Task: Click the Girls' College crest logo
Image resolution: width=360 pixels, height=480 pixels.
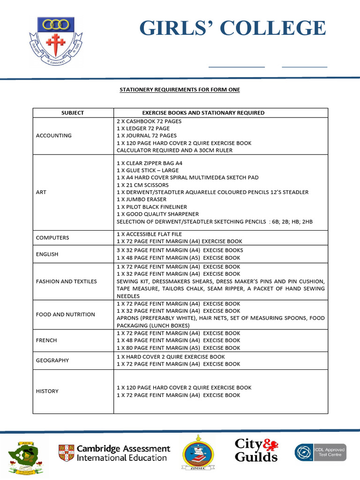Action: pyautogui.click(x=56, y=41)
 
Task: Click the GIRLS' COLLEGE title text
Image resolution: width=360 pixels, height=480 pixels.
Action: pyautogui.click(x=232, y=28)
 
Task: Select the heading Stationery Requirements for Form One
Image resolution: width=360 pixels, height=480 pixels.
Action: pyautogui.click(x=180, y=89)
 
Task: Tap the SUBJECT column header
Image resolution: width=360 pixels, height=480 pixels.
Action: pyautogui.click(x=73, y=112)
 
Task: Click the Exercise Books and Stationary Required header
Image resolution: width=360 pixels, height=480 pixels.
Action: pyautogui.click(x=203, y=112)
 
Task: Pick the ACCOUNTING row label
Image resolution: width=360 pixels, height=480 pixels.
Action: pyautogui.click(x=54, y=135)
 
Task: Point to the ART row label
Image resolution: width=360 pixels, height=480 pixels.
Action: pyautogui.click(x=41, y=192)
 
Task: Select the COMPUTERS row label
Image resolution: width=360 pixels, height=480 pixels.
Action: pyautogui.click(x=52, y=238)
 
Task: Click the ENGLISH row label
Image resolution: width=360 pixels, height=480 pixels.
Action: pyautogui.click(x=47, y=254)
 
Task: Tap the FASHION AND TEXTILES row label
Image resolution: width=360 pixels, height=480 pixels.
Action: pyautogui.click(x=67, y=281)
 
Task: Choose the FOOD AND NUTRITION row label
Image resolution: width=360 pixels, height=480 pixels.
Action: pyautogui.click(x=66, y=315)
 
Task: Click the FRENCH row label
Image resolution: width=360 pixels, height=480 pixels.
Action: pyautogui.click(x=46, y=340)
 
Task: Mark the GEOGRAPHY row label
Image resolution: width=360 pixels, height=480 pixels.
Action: pyautogui.click(x=52, y=360)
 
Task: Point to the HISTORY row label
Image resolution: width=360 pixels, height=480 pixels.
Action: pyautogui.click(x=47, y=391)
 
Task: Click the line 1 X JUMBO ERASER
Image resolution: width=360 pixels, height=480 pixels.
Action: pyautogui.click(x=142, y=199)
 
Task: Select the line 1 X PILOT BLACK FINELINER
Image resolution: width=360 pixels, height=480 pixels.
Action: pyautogui.click(x=152, y=207)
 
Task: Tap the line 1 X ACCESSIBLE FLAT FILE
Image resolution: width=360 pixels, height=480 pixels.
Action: pyautogui.click(x=149, y=234)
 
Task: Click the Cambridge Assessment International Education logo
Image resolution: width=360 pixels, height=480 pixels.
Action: pyautogui.click(x=114, y=453)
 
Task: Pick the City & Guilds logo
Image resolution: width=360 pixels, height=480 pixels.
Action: pyautogui.click(x=256, y=450)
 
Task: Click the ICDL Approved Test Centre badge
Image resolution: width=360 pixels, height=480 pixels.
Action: pyautogui.click(x=321, y=452)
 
